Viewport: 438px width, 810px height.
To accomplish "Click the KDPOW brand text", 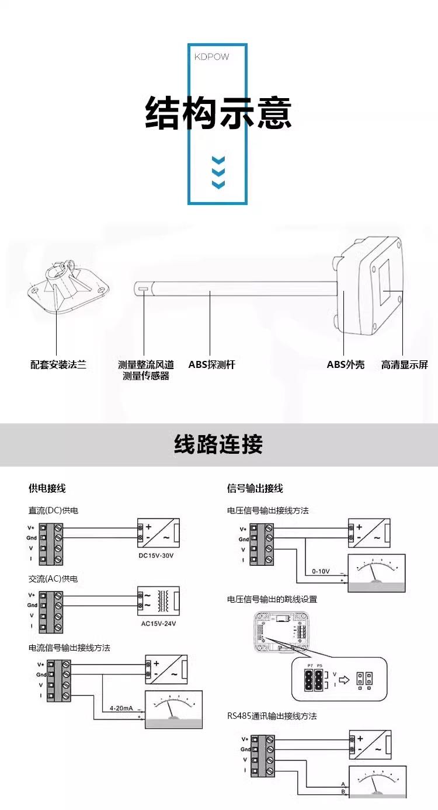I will tap(211, 57).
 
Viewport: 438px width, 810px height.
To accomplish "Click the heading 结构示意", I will tap(218, 113).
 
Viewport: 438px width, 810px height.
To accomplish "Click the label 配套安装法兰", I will tap(58, 365).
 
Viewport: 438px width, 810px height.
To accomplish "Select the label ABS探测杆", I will tap(211, 365).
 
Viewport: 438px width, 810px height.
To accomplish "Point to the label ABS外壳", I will tap(345, 365).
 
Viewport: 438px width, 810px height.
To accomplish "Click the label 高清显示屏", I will tap(404, 365).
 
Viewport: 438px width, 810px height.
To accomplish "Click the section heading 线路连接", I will tap(218, 444).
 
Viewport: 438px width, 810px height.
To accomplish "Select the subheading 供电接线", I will tap(47, 488).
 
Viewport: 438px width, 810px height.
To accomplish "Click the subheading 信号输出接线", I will tap(255, 488).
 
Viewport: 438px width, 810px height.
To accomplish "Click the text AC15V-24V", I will tap(158, 623).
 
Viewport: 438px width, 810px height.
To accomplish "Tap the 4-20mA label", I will tap(121, 708).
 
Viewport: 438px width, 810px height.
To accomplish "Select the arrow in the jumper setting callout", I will tap(344, 679).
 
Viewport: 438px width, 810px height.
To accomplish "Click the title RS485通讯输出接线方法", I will tap(272, 716).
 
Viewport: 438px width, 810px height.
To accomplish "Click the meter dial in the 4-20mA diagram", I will tap(173, 708).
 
